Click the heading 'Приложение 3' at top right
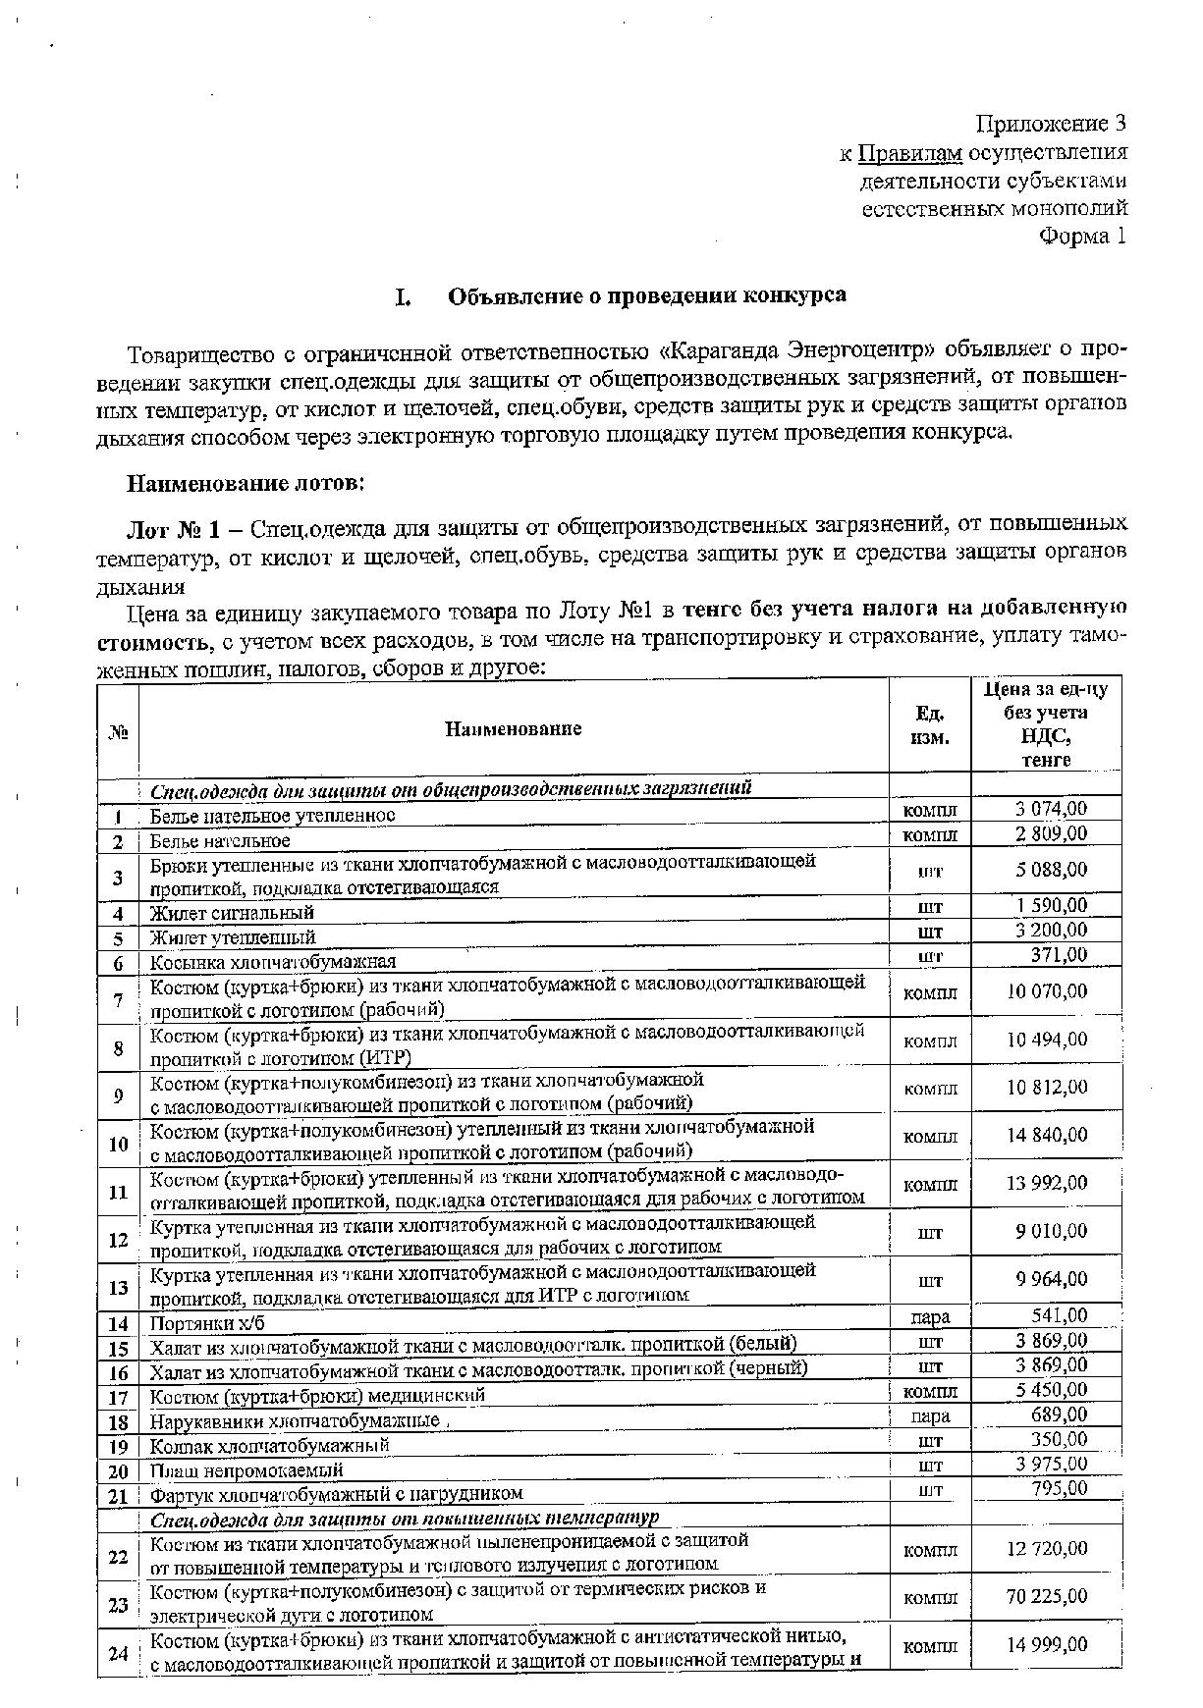pyautogui.click(x=1050, y=124)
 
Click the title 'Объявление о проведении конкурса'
pyautogui.click(x=647, y=295)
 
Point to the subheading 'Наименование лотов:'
pyautogui.click(x=246, y=484)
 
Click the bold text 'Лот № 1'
pyautogui.click(x=168, y=530)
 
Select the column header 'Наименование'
pyautogui.click(x=513, y=728)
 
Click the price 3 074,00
pyautogui.click(x=1049, y=809)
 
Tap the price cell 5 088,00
pyautogui.click(x=1046, y=870)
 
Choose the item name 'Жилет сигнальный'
pyautogui.click(x=232, y=912)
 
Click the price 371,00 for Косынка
pyautogui.click(x=1058, y=955)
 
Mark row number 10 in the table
pyautogui.click(x=118, y=1144)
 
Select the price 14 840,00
pyautogui.click(x=1046, y=1136)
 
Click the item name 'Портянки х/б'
pyautogui.click(x=207, y=1323)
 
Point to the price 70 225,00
pyautogui.click(x=1046, y=1597)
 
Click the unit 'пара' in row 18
pyautogui.click(x=929, y=1415)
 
